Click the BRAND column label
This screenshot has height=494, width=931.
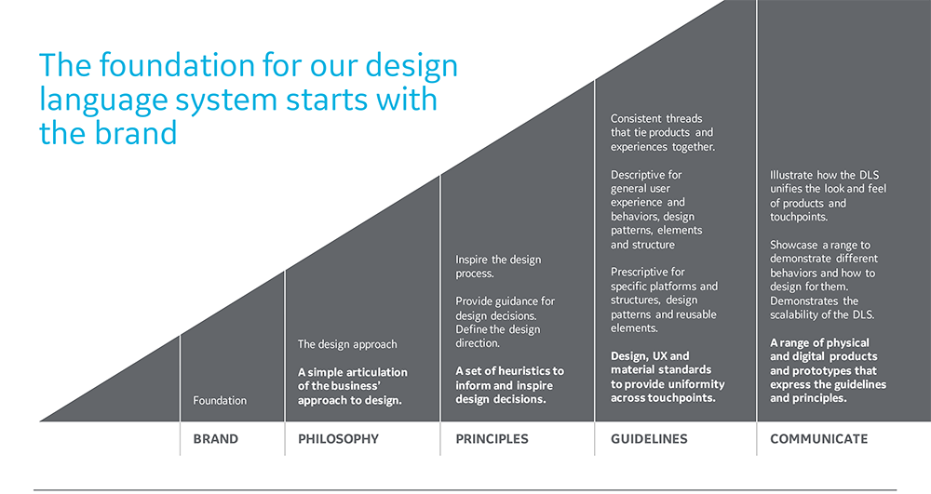[x=216, y=439]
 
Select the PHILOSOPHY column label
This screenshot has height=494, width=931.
[x=339, y=439]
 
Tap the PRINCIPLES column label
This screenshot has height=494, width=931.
[x=492, y=439]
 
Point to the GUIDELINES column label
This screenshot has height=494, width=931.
[x=649, y=439]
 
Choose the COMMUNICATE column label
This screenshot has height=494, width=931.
[x=818, y=439]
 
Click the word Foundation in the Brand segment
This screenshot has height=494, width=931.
[x=220, y=400]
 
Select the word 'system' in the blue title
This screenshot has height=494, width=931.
[x=226, y=100]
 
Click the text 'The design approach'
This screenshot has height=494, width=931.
[x=347, y=344]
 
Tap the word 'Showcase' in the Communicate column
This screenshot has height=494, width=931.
[x=794, y=245]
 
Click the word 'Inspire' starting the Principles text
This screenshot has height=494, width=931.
[x=471, y=260]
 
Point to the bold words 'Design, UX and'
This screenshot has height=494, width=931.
[x=650, y=356]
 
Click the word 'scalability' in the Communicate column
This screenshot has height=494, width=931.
[x=796, y=314]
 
